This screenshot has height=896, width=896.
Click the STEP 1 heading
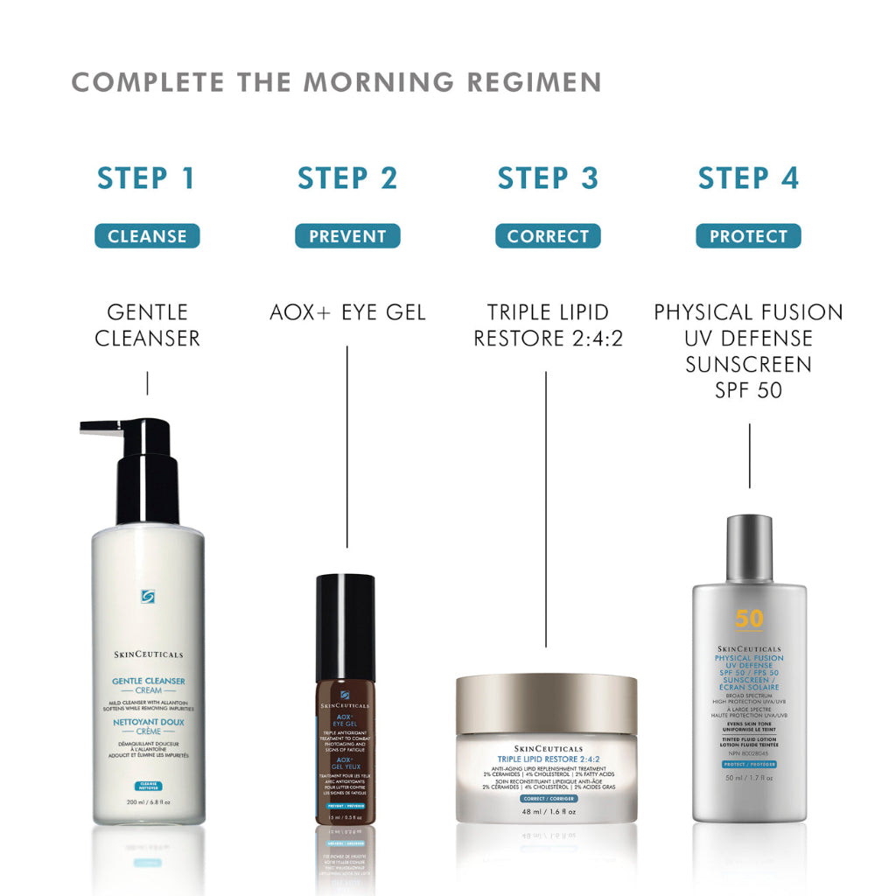click(146, 178)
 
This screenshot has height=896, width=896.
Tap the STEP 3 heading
click(548, 178)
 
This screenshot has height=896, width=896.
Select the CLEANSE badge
click(147, 236)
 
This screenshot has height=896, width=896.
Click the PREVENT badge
click(347, 236)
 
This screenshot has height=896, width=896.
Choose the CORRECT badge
click(548, 236)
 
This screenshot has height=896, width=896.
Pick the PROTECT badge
click(748, 236)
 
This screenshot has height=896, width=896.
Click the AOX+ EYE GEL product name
click(347, 312)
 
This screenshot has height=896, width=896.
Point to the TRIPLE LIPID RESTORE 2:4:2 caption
click(548, 325)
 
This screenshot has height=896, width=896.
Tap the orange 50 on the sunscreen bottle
click(749, 619)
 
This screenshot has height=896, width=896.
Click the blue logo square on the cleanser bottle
click(148, 597)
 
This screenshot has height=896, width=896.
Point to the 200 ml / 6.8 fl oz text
click(148, 801)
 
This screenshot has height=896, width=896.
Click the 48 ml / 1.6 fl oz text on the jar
click(546, 812)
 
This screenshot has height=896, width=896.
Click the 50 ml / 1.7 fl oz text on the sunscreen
click(749, 801)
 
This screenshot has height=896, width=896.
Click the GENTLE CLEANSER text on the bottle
click(148, 681)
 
